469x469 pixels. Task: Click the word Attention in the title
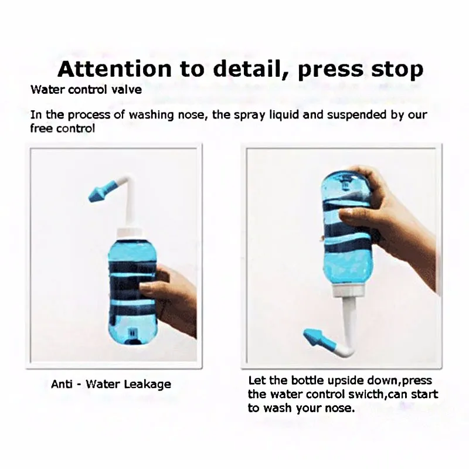point(114,69)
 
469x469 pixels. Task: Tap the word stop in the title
point(397,70)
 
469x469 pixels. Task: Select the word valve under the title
point(126,90)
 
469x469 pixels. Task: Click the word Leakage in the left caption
point(147,385)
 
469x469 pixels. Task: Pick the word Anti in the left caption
point(62,384)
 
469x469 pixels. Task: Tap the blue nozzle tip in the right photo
point(315,338)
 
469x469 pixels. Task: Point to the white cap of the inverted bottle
point(348,290)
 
